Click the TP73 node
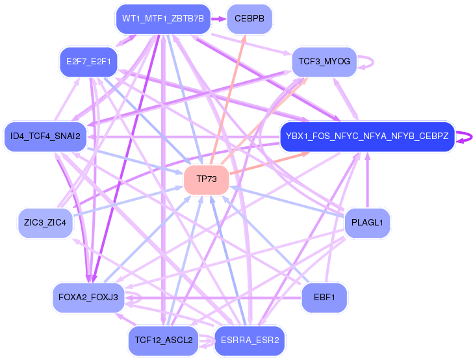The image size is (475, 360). (206, 179)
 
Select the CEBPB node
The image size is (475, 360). (250, 19)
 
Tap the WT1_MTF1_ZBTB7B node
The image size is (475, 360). (163, 19)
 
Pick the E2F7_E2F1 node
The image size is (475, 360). (88, 62)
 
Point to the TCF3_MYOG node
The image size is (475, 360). (324, 62)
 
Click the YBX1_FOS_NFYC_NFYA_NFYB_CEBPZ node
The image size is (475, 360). (366, 136)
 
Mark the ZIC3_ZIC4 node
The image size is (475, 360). (45, 223)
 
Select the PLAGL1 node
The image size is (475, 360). (367, 223)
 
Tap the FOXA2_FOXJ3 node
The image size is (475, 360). (88, 297)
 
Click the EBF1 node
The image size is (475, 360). (324, 297)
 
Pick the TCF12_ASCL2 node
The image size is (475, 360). (163, 340)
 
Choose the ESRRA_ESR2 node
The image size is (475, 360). (250, 340)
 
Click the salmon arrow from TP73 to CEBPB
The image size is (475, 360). (227, 97)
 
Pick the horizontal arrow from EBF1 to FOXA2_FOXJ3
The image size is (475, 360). (214, 298)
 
